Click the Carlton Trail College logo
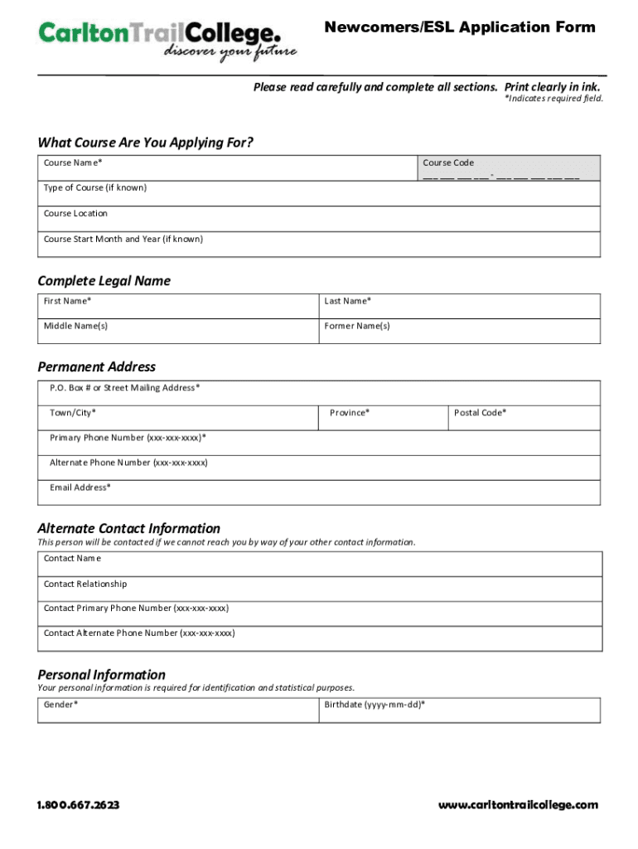[x=166, y=40]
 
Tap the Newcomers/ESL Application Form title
[x=459, y=28]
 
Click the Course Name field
[x=227, y=167]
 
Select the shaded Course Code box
[x=508, y=167]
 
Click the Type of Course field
[x=319, y=194]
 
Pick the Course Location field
[x=319, y=220]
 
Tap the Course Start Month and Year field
[x=319, y=245]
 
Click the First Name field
[x=178, y=306]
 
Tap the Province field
[x=382, y=418]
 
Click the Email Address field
[x=319, y=492]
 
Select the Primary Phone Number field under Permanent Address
[x=319, y=443]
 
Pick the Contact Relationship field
[x=319, y=589]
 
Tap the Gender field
[x=178, y=711]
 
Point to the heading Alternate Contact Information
[x=129, y=528]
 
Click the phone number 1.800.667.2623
[x=78, y=805]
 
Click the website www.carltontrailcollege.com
[x=518, y=805]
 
